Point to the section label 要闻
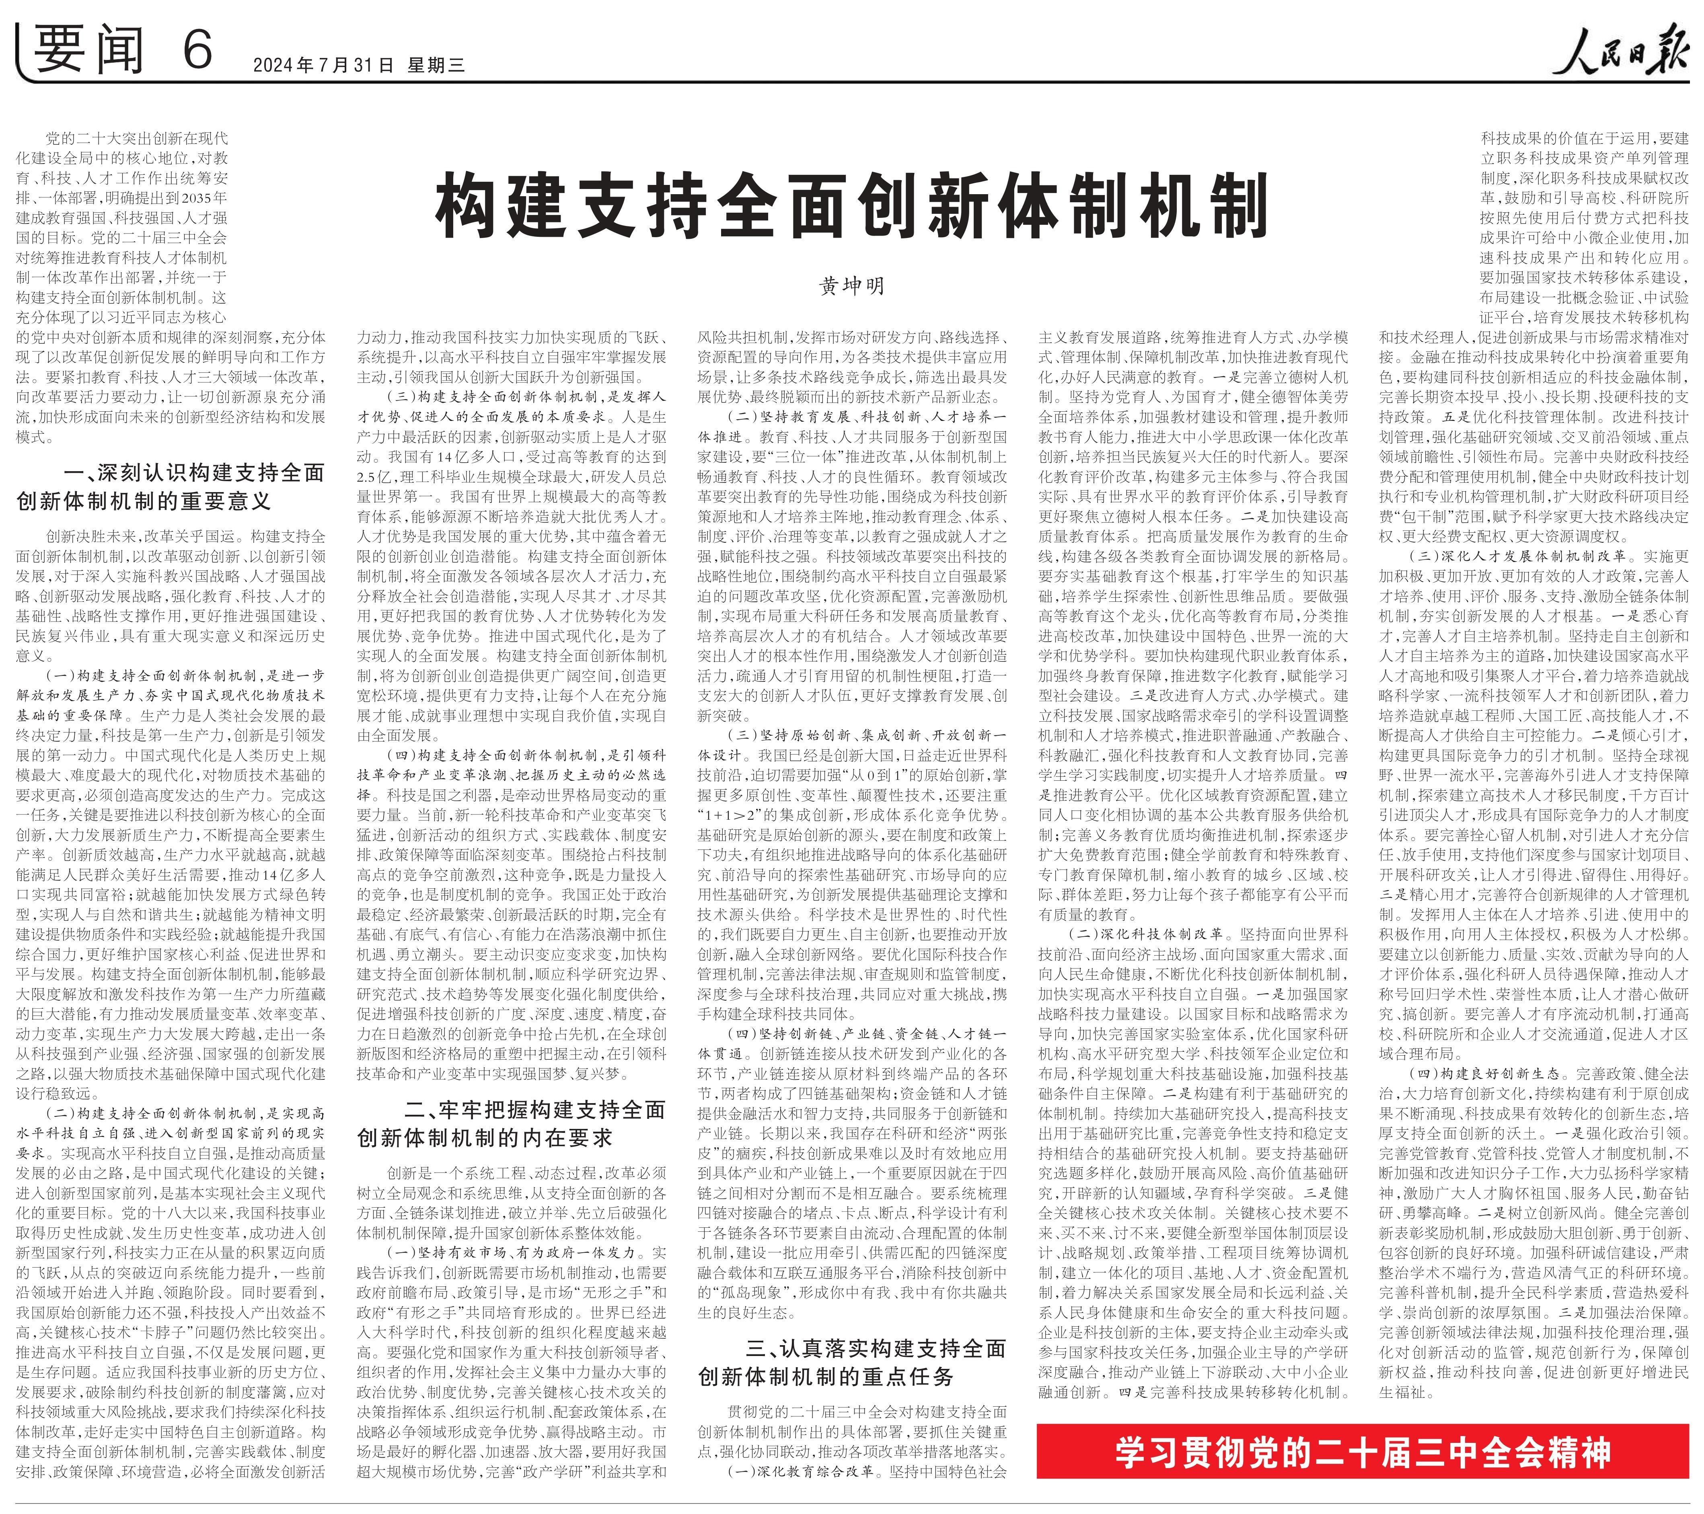(x=92, y=50)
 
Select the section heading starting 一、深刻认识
(x=171, y=486)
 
